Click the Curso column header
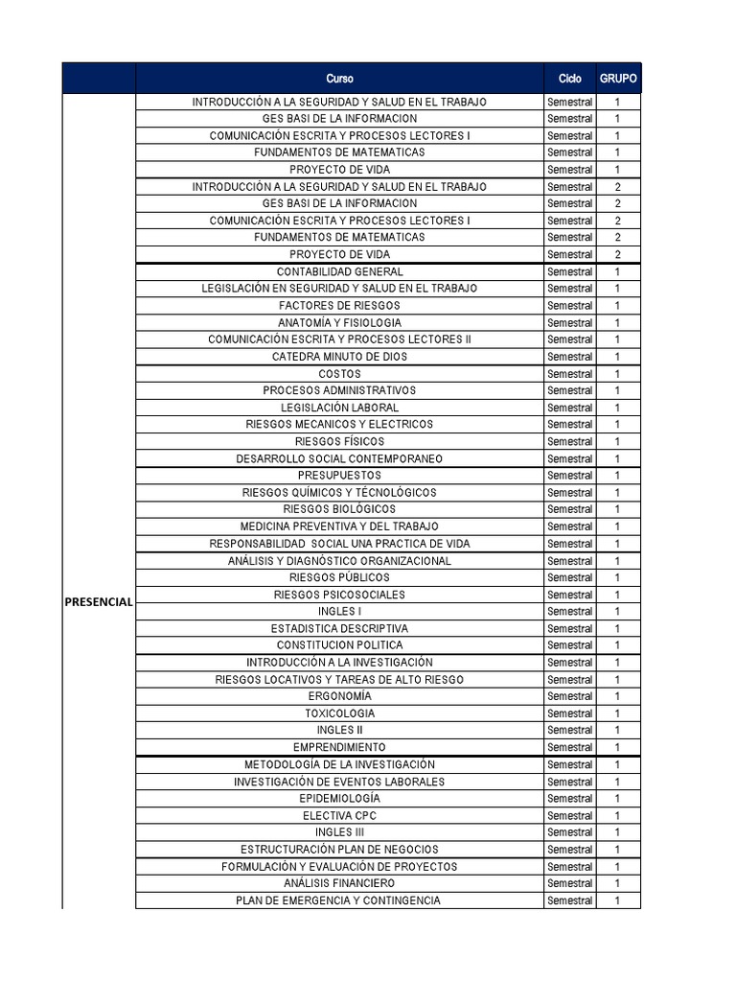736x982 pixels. (x=339, y=79)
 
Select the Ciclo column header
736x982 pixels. (x=569, y=79)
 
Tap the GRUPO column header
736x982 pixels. (x=618, y=79)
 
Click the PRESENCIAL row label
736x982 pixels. (x=99, y=601)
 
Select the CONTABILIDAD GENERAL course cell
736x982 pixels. (x=339, y=271)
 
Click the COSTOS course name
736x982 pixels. (x=339, y=374)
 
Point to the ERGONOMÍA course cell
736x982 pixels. (x=339, y=696)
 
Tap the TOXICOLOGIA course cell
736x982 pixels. (x=339, y=713)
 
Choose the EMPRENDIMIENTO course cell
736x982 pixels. (x=339, y=747)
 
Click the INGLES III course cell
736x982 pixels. (x=339, y=832)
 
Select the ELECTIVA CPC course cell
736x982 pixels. (x=339, y=815)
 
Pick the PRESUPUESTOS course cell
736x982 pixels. (x=339, y=476)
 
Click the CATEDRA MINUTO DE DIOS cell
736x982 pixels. (x=339, y=357)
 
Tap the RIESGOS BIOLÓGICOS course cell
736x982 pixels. (x=339, y=509)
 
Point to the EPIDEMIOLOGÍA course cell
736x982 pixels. (x=339, y=798)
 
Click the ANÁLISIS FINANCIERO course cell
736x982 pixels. (x=339, y=883)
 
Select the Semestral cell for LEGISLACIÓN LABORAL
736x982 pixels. (x=569, y=408)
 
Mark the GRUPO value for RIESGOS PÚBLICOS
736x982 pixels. (x=618, y=577)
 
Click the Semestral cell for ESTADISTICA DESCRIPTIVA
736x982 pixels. (x=569, y=628)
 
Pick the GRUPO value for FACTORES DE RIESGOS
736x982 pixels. (x=618, y=306)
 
